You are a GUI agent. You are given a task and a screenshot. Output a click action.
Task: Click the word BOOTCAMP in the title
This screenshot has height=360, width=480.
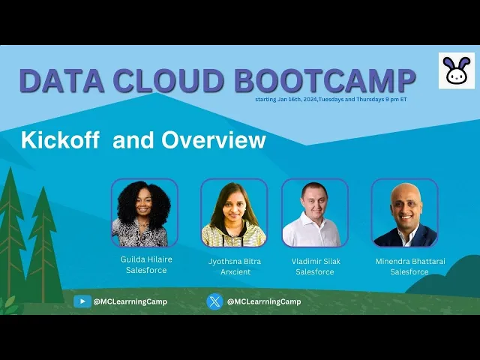325,80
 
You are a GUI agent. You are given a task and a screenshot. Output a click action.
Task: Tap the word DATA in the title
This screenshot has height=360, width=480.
61,80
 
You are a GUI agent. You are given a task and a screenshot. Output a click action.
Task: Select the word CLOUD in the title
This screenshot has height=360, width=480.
169,80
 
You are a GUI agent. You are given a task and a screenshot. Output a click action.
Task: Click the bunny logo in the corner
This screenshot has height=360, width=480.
457,70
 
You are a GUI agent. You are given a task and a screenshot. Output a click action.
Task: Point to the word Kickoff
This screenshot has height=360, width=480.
60,140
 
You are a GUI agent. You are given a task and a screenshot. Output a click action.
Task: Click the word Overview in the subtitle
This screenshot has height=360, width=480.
214,140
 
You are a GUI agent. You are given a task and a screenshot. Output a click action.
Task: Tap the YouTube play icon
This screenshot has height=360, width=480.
82,301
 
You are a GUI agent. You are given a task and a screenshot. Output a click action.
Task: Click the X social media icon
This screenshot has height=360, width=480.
214,301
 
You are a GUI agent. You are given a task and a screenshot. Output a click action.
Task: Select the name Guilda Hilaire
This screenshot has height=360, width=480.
146,259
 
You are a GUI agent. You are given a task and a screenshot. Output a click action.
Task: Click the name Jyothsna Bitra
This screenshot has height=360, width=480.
235,262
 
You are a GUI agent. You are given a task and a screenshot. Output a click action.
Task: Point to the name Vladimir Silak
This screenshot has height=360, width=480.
316,262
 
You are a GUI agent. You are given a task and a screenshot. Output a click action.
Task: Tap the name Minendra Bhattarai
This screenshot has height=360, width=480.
410,262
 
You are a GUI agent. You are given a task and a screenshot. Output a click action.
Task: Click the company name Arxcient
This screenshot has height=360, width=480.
235,271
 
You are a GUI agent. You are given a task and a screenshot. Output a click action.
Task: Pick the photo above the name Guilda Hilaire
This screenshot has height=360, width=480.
145,213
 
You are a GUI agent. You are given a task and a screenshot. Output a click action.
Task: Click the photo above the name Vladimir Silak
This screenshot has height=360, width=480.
315,213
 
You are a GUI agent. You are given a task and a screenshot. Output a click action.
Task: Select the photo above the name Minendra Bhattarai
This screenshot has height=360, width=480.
405,213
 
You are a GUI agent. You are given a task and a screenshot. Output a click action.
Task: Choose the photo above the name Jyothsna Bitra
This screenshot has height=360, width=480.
234,213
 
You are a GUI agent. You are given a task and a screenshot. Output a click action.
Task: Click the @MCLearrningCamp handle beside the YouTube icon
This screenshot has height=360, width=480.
130,301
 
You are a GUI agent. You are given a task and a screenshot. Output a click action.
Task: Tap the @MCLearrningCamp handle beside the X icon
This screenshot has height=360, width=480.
264,301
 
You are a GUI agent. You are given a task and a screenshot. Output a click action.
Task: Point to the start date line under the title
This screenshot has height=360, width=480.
331,100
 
